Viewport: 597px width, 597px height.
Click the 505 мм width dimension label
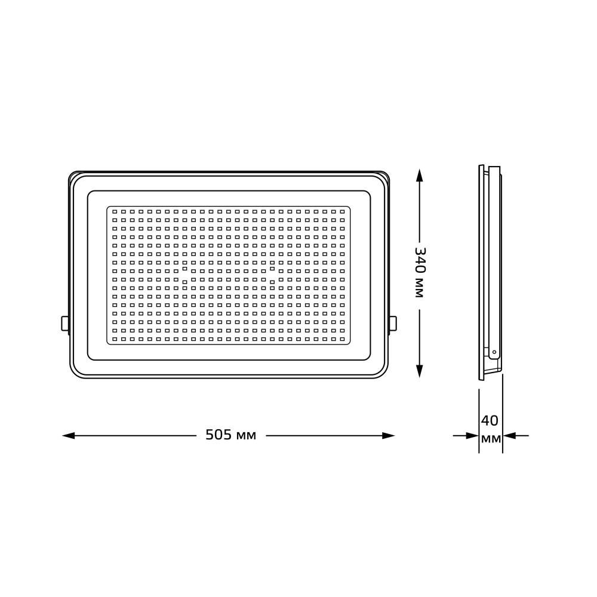[x=230, y=435]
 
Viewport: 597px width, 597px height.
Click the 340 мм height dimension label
[x=420, y=273]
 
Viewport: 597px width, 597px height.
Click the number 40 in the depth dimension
[x=490, y=421]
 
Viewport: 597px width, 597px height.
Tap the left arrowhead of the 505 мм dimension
[x=69, y=436]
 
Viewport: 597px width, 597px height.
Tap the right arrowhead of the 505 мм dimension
[x=389, y=436]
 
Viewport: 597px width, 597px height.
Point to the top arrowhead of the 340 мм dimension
[x=419, y=176]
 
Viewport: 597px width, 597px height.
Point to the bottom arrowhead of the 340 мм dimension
[x=419, y=371]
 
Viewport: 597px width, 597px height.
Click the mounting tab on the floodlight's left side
[x=64, y=323]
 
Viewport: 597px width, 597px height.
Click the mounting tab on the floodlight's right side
[x=393, y=323]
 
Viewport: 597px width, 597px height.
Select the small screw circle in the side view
[x=494, y=352]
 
